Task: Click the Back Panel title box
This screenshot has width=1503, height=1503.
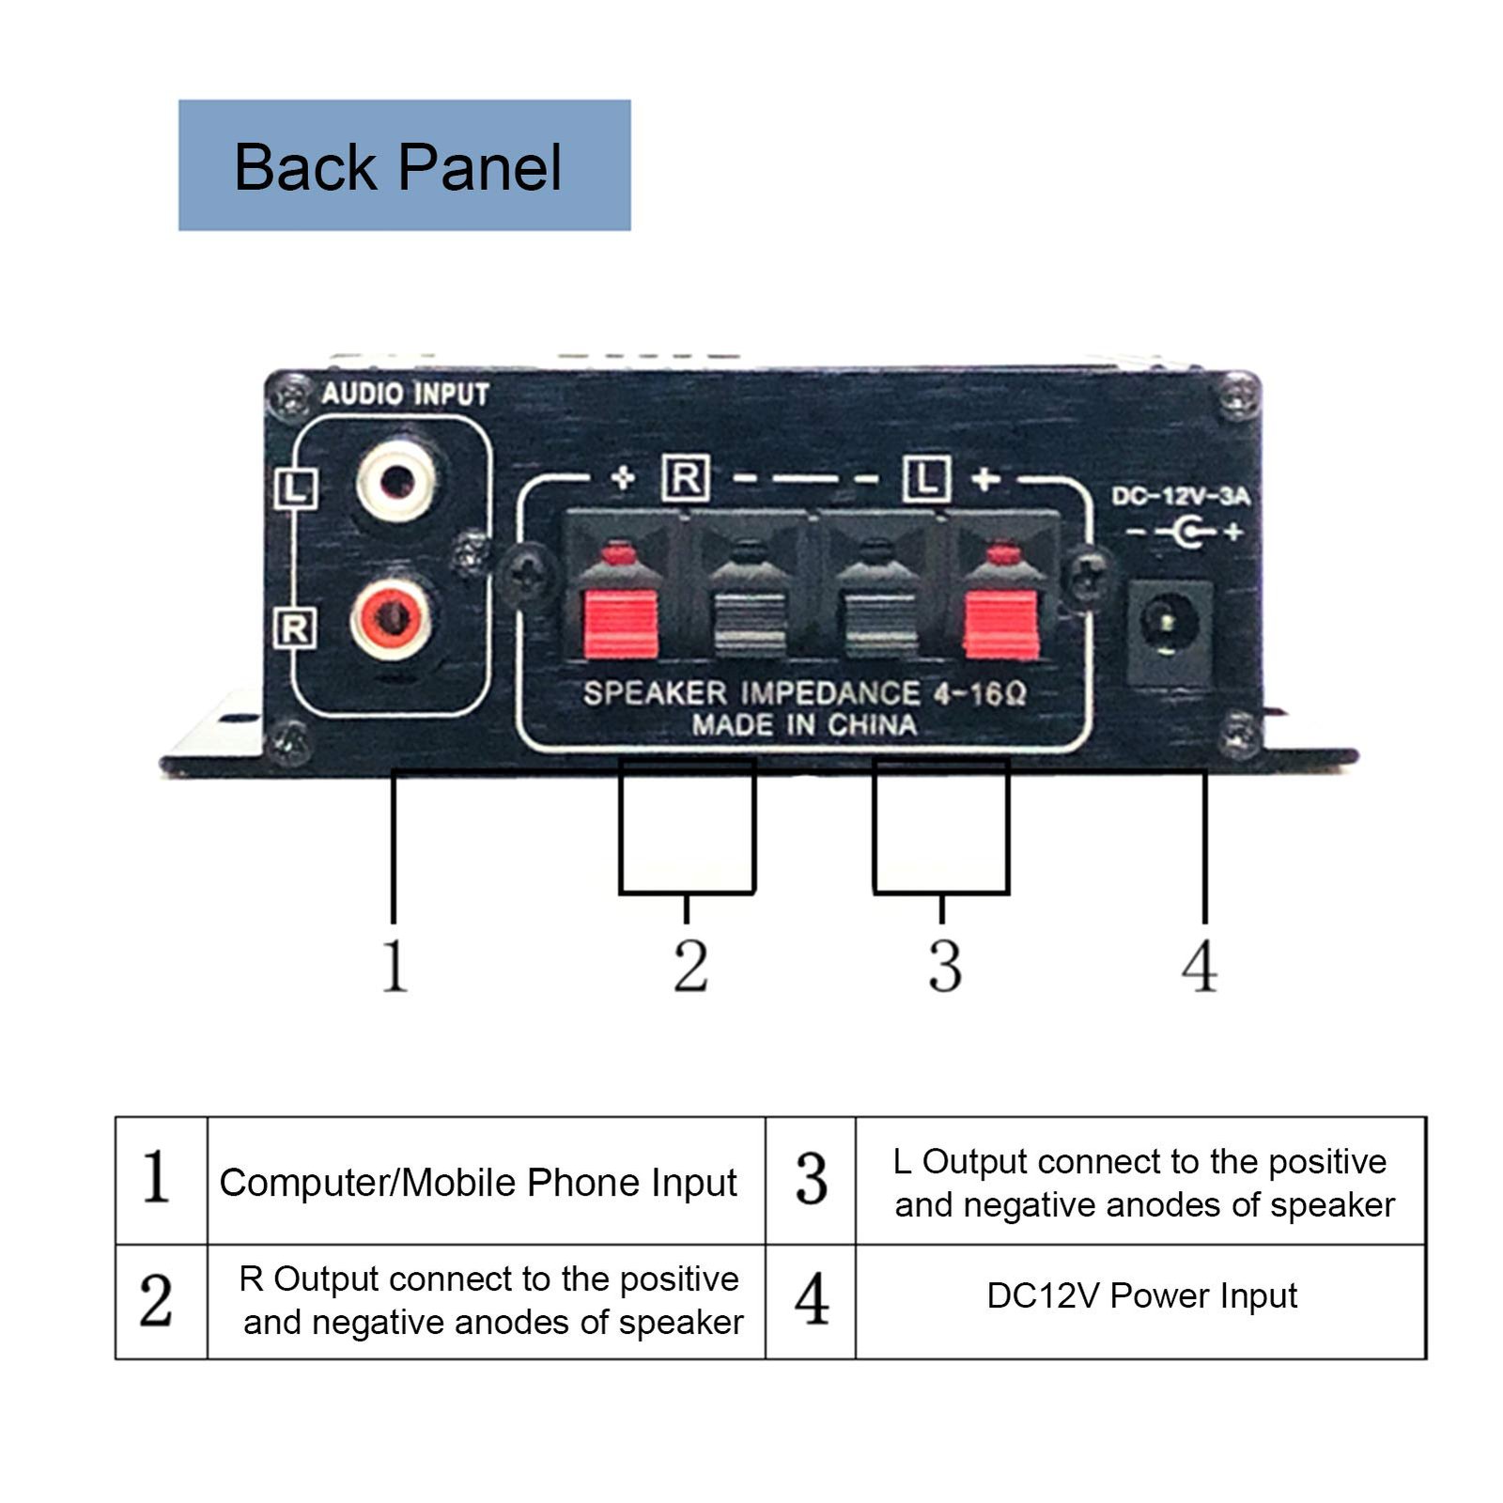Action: pos(404,165)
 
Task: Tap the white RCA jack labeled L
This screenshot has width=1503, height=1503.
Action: pos(395,484)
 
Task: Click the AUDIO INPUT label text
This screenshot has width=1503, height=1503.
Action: pos(405,394)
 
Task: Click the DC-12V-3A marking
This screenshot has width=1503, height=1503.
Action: pos(1181,496)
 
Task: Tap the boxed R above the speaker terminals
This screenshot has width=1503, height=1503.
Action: pos(685,479)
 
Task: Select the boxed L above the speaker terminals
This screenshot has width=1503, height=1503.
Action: pos(926,479)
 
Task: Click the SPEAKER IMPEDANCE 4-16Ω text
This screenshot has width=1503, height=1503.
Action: pos(804,693)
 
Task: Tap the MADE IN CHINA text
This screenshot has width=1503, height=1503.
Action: pos(804,725)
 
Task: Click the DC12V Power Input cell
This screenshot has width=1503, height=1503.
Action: pos(1140,1296)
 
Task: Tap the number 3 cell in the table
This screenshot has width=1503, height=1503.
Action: pos(811,1181)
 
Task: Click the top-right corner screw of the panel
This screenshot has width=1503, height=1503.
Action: pos(1238,395)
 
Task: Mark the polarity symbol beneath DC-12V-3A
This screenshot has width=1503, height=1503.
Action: pos(1185,533)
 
